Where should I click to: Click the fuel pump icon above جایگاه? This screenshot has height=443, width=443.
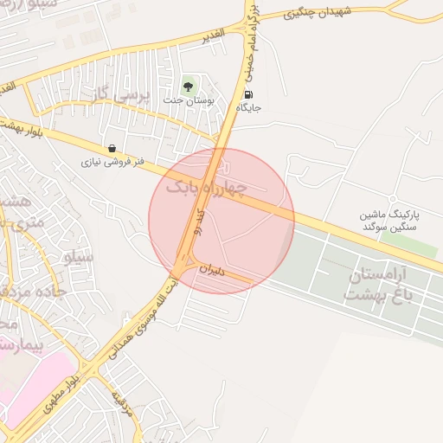[x=249, y=95]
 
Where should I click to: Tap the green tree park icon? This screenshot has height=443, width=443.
[x=188, y=86]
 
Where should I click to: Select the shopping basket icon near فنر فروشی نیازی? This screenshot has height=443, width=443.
[x=112, y=149]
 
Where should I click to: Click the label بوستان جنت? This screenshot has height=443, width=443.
[x=188, y=100]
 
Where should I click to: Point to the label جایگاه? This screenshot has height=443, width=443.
[x=248, y=108]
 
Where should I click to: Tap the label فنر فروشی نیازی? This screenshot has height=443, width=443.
[x=112, y=161]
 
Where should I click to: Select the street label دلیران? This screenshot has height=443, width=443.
[x=211, y=270]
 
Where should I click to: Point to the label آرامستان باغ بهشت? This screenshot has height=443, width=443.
[x=387, y=286]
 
